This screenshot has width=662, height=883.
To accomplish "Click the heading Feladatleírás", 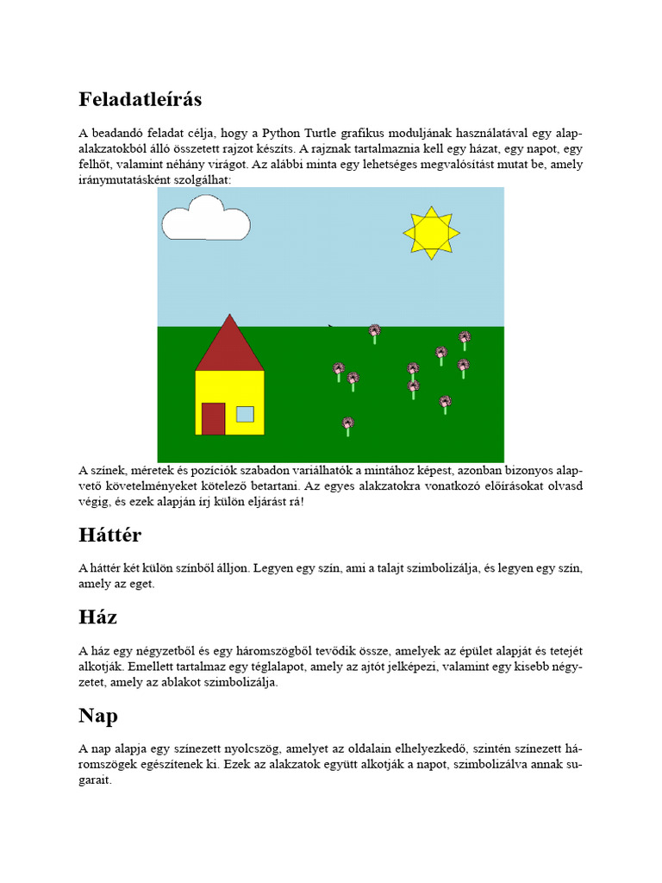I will [x=141, y=99].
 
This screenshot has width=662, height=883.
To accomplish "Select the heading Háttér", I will [x=109, y=535].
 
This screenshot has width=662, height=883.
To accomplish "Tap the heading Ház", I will [x=97, y=617].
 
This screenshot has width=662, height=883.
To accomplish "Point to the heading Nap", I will [x=98, y=716].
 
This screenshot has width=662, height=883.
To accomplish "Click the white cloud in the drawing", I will [x=205, y=221].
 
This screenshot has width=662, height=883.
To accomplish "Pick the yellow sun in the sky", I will [x=431, y=232].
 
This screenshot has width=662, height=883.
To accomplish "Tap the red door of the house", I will [x=213, y=419].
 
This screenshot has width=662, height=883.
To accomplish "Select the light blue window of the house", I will [x=245, y=414].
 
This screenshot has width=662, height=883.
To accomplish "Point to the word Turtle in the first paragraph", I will [x=332, y=134].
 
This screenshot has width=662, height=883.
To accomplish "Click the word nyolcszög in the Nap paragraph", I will [x=261, y=748].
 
